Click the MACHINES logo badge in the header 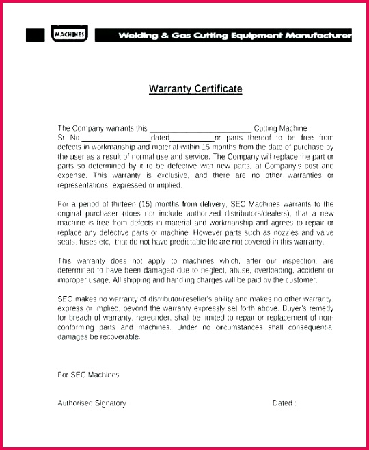click(70, 34)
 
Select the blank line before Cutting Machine click(200, 129)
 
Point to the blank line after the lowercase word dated click(191, 138)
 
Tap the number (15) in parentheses click(156, 204)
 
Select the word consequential click(307, 328)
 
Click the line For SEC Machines click(88, 375)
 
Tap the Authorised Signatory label click(92, 403)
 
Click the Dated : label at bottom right click(284, 403)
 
